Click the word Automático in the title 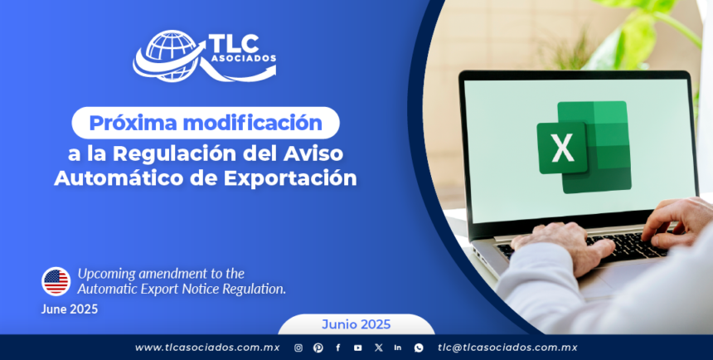tap(124, 178)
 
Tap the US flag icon tap(56, 281)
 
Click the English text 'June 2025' tap(69, 309)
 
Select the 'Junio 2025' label tap(356, 324)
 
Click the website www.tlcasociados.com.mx tap(207, 348)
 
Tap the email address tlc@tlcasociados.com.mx tap(507, 348)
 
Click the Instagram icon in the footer tap(298, 348)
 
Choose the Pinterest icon tap(318, 348)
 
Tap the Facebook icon tap(338, 348)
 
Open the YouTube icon tap(358, 348)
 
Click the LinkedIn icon tap(398, 348)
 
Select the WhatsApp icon tap(419, 348)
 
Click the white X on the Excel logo tap(562, 148)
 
